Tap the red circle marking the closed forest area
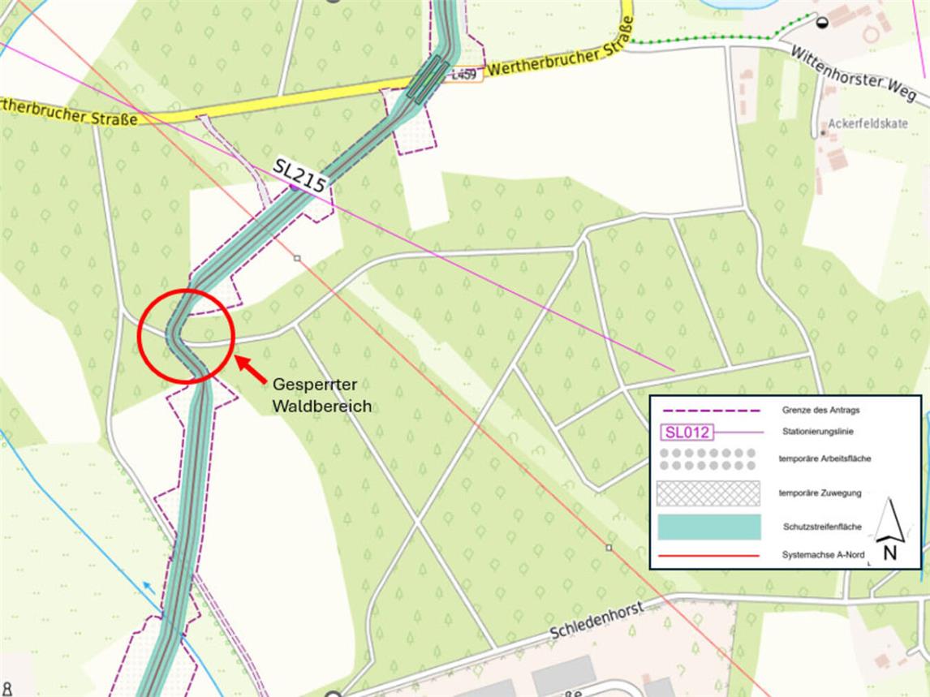pyautogui.click(x=186, y=335)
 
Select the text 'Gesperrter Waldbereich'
pyautogui.click(x=321, y=395)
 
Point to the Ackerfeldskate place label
pyautogui.click(x=868, y=125)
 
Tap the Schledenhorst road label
pyautogui.click(x=596, y=620)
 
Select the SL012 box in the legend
pyautogui.click(x=687, y=432)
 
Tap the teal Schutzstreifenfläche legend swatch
pyautogui.click(x=708, y=527)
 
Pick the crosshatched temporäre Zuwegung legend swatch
pyautogui.click(x=708, y=493)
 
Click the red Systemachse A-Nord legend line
pyautogui.click(x=708, y=556)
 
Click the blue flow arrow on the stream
pyautogui.click(x=149, y=586)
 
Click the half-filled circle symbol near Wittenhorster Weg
pyautogui.click(x=822, y=23)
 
